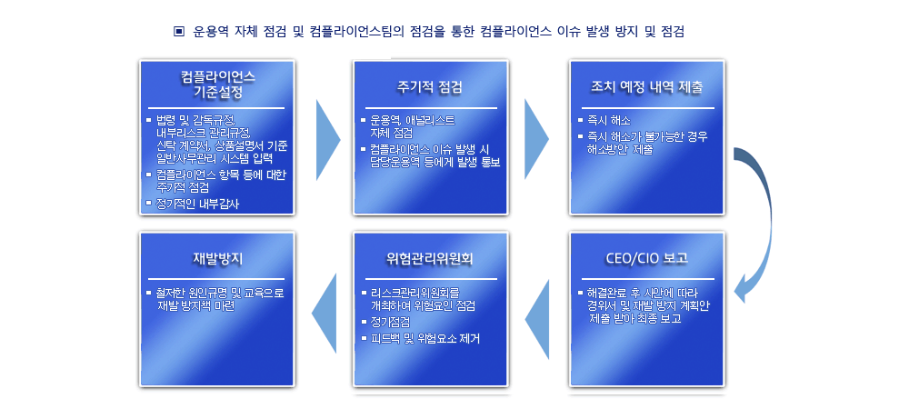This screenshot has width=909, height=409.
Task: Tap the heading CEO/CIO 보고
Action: (x=646, y=258)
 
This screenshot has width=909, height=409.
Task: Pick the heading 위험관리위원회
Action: (x=430, y=258)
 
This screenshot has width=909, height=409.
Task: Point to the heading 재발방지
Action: (x=217, y=258)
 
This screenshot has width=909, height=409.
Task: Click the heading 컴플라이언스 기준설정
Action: (x=217, y=85)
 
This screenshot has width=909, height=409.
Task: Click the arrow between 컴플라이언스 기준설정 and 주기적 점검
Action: (x=328, y=137)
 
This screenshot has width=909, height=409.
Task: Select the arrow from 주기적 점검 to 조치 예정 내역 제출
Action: (x=537, y=137)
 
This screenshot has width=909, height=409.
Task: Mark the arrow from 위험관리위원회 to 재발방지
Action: (x=325, y=314)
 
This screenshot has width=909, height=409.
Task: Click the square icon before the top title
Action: (x=178, y=31)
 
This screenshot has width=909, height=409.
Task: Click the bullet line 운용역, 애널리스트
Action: (x=412, y=121)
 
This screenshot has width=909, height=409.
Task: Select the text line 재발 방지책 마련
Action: (x=196, y=306)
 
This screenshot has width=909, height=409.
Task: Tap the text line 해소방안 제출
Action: (x=620, y=150)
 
